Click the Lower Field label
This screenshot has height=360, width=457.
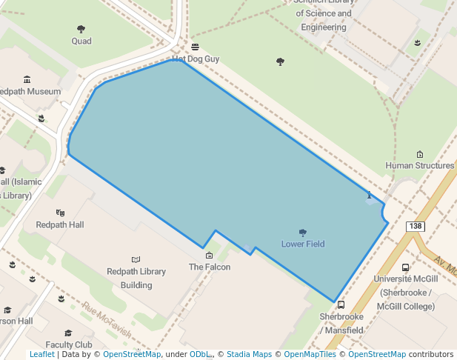click(303, 244)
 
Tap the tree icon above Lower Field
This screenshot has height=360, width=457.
click(302, 233)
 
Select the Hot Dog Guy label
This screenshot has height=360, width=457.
click(196, 59)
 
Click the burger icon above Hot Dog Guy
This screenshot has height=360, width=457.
click(196, 47)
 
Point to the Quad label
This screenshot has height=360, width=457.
click(81, 41)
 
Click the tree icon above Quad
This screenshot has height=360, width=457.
click(81, 30)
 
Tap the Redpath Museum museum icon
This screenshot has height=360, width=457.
click(27, 79)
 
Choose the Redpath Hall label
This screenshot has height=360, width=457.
click(60, 224)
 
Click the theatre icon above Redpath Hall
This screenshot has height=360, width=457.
click(60, 213)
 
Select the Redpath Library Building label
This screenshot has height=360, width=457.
click(136, 278)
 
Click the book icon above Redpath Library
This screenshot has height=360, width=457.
click(136, 259)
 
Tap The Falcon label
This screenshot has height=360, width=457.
click(210, 267)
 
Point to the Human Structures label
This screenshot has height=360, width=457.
click(420, 166)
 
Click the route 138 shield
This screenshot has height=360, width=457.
click(415, 226)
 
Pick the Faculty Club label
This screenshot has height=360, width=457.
click(69, 344)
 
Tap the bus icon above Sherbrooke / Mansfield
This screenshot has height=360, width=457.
click(341, 304)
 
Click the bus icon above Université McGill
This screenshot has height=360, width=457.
click(405, 267)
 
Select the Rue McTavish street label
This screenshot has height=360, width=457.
click(107, 319)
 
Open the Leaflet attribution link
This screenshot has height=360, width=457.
click(41, 354)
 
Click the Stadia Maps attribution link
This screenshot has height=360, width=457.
click(249, 354)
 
